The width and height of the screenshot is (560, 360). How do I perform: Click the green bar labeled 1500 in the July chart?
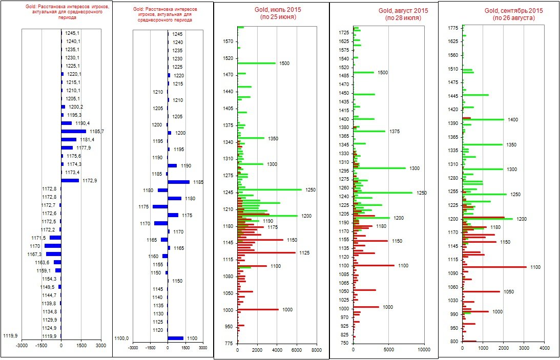pyautogui.click(x=256, y=63)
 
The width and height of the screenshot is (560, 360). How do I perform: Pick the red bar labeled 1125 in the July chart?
pyautogui.click(x=266, y=252)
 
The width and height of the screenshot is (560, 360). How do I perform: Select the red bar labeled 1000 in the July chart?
pyautogui.click(x=258, y=309)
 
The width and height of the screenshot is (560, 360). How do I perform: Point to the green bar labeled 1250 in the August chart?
pyautogui.click(x=383, y=193)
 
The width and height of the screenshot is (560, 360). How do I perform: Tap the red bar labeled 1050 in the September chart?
pyautogui.click(x=481, y=291)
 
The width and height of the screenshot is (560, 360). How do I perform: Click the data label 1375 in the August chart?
pyautogui.click(x=395, y=132)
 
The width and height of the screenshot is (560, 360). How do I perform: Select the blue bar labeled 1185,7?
pyautogui.click(x=73, y=132)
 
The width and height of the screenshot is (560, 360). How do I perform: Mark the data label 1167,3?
pyautogui.click(x=34, y=255)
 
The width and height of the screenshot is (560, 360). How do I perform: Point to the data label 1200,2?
pyautogui.click(x=75, y=107)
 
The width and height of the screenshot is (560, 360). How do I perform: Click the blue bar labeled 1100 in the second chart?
pyautogui.click(x=175, y=338)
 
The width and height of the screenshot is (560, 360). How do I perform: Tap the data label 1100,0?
pyautogui.click(x=121, y=338)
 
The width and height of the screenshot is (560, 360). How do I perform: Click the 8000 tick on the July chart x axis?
pyautogui.click(x=316, y=350)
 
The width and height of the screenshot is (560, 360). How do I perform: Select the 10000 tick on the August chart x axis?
pyautogui.click(x=424, y=350)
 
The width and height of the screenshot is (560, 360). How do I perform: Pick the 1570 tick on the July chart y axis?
pyautogui.click(x=228, y=41)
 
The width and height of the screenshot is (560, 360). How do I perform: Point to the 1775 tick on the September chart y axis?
pyautogui.click(x=453, y=28)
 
